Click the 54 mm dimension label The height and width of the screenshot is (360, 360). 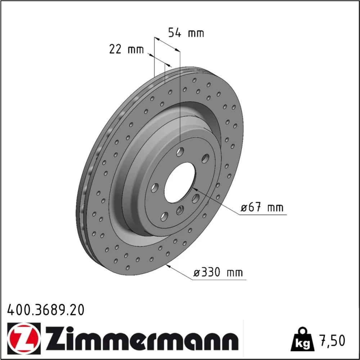tap(186, 33)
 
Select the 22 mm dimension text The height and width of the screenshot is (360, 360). tap(126, 49)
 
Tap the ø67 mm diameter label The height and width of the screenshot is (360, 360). tap(262, 208)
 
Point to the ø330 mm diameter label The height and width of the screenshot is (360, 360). tap(218, 273)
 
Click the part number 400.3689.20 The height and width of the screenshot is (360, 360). tap(46, 310)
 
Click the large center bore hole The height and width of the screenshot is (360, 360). tap(180, 183)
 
